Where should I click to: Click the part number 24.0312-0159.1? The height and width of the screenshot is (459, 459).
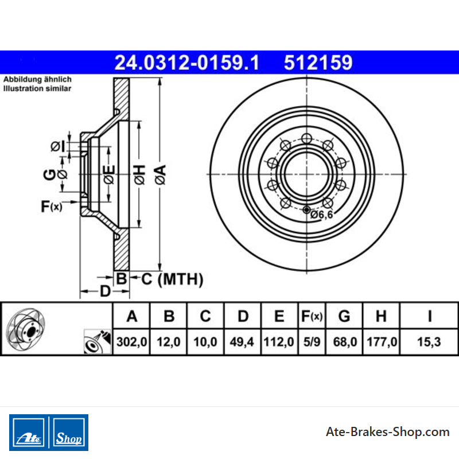point(187,63)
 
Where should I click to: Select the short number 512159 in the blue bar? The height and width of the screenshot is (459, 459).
point(318,63)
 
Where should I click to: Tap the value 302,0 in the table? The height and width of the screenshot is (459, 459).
point(131,341)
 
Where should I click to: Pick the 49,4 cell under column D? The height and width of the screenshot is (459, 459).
point(242,341)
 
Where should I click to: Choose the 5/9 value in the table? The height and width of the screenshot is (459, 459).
point(312,341)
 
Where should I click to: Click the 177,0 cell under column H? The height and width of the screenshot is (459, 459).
point(382,341)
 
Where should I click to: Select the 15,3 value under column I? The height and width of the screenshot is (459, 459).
point(429,341)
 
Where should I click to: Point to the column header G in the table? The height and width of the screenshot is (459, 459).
point(344,316)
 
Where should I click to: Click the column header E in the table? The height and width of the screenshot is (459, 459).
point(279,316)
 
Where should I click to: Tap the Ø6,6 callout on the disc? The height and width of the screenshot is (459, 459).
point(322,215)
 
